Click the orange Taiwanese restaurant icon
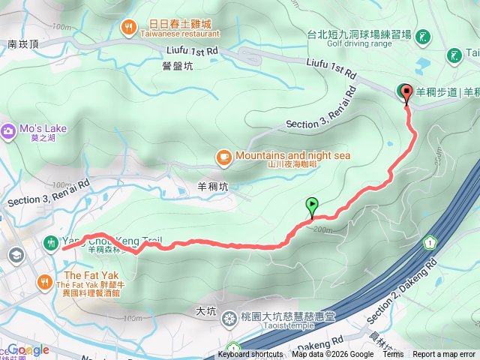click(130, 28)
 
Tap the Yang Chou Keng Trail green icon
click(51, 242)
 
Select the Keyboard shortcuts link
click(250, 355)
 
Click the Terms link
click(393, 355)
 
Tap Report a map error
click(444, 355)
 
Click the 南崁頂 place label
click(23, 45)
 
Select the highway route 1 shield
click(430, 243)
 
